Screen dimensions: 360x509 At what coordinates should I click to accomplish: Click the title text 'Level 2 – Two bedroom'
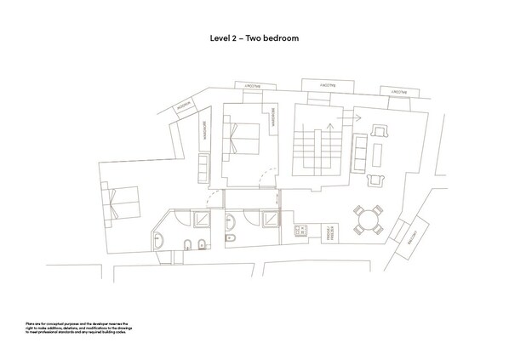pos(254,38)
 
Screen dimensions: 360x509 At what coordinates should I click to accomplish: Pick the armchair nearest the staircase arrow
pos(378,131)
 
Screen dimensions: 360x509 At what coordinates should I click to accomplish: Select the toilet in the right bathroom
pos(230,241)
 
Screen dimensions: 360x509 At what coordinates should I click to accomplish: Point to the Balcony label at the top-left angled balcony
pos(186,107)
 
